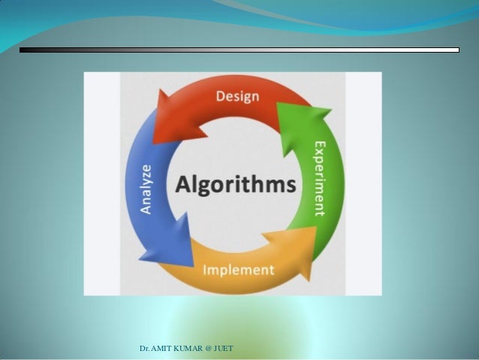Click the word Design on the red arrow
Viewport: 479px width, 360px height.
tap(237, 96)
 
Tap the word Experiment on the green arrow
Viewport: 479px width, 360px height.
tap(320, 178)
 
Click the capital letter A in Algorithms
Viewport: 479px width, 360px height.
tap(182, 184)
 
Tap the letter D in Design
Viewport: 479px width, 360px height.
tap(220, 96)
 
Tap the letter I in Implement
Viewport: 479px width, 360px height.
tap(205, 269)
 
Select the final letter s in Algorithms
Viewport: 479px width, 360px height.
tap(291, 186)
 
